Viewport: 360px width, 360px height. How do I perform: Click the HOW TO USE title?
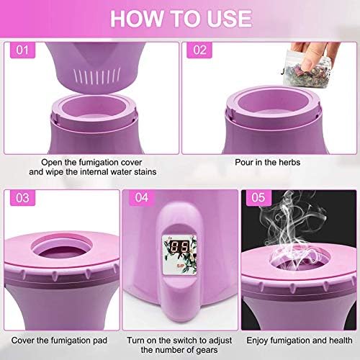pyautogui.click(x=181, y=19)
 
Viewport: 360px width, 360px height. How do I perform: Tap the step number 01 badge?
pyautogui.click(x=22, y=50)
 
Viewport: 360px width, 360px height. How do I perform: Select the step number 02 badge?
pyautogui.click(x=199, y=50)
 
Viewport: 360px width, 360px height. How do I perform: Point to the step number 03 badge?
pyautogui.click(x=22, y=198)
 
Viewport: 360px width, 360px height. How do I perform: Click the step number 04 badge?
pyautogui.click(x=142, y=198)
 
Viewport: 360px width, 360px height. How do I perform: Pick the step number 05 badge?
pyautogui.click(x=258, y=198)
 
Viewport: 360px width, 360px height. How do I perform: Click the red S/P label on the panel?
pyautogui.click(x=180, y=266)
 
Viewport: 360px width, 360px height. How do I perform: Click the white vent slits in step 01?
pyautogui.click(x=97, y=76)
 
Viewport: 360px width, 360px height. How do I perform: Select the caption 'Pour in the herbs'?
pyautogui.click(x=267, y=163)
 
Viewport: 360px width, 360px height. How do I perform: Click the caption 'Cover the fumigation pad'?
pyautogui.click(x=59, y=341)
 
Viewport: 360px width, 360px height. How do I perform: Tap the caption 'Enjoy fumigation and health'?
pyautogui.click(x=300, y=341)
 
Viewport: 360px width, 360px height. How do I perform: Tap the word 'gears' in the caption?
pyautogui.click(x=207, y=351)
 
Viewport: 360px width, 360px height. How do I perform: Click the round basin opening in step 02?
pyautogui.click(x=273, y=102)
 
